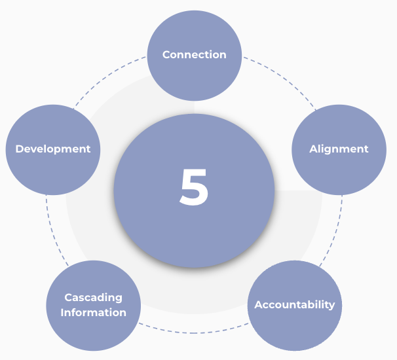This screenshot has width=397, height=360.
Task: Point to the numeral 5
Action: pyautogui.click(x=194, y=188)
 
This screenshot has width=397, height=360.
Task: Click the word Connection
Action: pyautogui.click(x=195, y=54)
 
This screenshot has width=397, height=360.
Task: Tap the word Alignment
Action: pyautogui.click(x=339, y=149)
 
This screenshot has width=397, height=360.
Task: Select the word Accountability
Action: pyautogui.click(x=295, y=304)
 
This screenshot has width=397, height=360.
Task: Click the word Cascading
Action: pyautogui.click(x=93, y=297)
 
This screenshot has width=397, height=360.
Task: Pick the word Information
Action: pyautogui.click(x=93, y=312)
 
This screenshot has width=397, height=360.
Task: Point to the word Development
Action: pyautogui.click(x=53, y=149)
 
